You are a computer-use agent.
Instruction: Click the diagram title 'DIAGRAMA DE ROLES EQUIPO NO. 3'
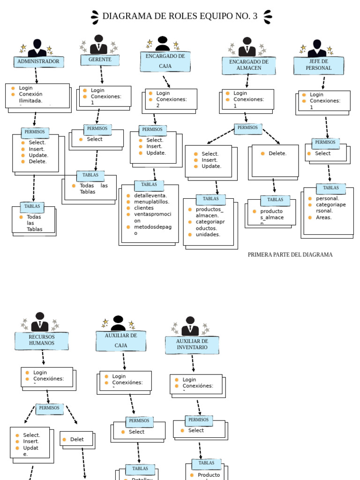click(x=180, y=16)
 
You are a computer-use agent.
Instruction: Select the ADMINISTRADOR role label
click(x=38, y=61)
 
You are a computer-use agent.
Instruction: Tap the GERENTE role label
click(x=100, y=60)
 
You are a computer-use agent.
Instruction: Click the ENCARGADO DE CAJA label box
click(x=165, y=61)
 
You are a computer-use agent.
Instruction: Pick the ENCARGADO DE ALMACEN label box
click(x=248, y=65)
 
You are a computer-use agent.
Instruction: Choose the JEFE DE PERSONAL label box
click(x=319, y=65)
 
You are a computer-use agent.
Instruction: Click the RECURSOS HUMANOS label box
click(x=42, y=340)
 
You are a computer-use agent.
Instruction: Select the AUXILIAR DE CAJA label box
click(x=121, y=341)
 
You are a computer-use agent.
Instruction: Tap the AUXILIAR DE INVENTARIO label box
click(x=192, y=345)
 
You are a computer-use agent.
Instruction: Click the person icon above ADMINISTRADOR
click(x=37, y=48)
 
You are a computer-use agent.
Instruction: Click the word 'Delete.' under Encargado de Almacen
click(x=277, y=153)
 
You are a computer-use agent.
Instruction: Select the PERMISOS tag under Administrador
click(x=35, y=132)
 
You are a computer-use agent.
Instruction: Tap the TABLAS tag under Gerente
click(x=90, y=175)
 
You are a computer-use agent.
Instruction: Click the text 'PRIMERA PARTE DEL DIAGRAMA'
click(x=290, y=255)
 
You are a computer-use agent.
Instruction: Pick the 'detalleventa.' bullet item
click(x=150, y=195)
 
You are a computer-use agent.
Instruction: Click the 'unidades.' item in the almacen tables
click(x=208, y=234)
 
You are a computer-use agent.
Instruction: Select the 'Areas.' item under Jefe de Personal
click(x=323, y=217)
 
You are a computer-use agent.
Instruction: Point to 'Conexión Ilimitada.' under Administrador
click(x=30, y=97)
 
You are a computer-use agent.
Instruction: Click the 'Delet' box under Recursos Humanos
click(x=77, y=439)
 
